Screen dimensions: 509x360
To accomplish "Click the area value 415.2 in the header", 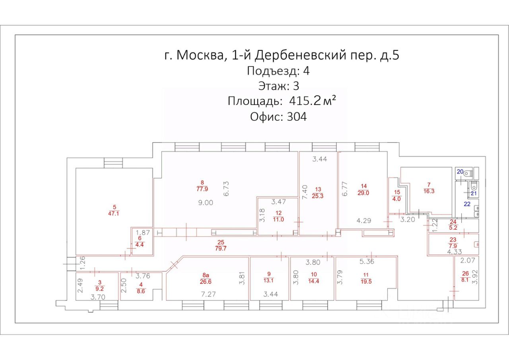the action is pyautogui.click(x=301, y=101).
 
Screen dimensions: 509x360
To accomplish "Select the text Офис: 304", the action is pyautogui.click(x=278, y=117).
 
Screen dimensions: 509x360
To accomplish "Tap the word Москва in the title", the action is pyautogui.click(x=200, y=55).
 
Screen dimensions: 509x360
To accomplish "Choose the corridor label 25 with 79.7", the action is pyautogui.click(x=221, y=246).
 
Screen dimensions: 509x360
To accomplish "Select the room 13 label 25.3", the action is pyautogui.click(x=318, y=192).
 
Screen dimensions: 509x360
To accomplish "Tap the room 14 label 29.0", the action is pyautogui.click(x=363, y=189).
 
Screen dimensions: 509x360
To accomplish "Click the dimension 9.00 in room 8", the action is pyautogui.click(x=206, y=202).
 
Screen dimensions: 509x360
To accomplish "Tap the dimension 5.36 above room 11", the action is pyautogui.click(x=366, y=262).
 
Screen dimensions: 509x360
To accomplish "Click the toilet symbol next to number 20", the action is pyautogui.click(x=473, y=173).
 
